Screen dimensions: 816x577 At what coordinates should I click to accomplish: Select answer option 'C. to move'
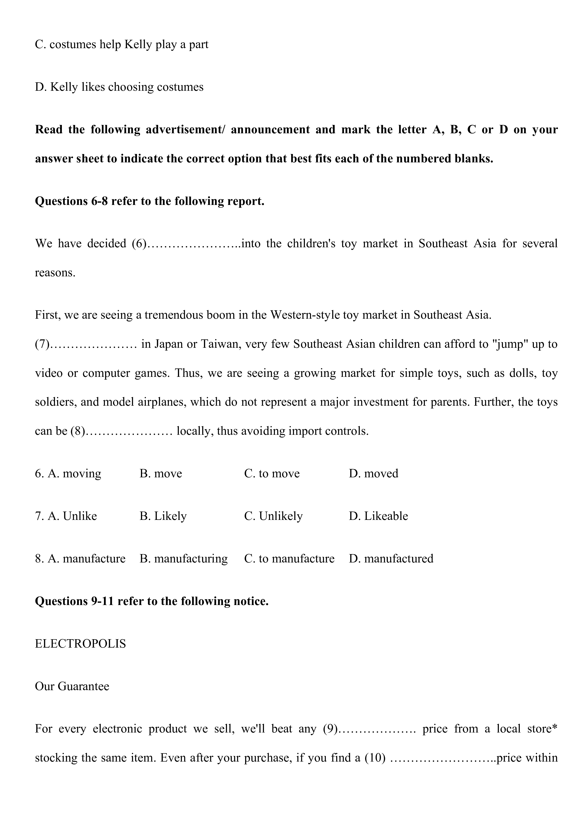coord(272,474)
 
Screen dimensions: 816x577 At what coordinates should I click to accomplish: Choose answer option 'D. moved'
coord(374,474)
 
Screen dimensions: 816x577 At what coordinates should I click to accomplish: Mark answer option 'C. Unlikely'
coord(273,516)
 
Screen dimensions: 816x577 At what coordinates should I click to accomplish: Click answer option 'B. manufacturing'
coord(184,559)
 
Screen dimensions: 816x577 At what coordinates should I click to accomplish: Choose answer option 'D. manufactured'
coord(391,559)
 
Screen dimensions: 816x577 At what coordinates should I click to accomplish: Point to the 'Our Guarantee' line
coord(72,686)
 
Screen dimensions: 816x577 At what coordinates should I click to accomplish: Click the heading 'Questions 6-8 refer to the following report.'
coord(150,201)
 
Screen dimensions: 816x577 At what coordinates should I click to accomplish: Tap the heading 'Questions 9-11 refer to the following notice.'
coord(152,601)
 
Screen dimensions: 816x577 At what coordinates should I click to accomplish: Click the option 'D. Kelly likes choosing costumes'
coord(119,87)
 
